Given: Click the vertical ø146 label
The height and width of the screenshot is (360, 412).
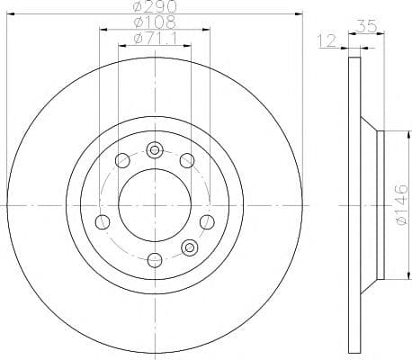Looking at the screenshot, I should (x=401, y=203).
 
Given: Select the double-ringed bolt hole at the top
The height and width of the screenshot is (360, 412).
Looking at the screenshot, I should (x=155, y=149).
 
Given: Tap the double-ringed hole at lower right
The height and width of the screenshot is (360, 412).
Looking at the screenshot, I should (x=189, y=247).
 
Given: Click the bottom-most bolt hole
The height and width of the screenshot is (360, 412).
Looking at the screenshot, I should (x=155, y=260).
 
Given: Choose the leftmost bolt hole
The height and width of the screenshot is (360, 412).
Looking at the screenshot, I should (x=102, y=222).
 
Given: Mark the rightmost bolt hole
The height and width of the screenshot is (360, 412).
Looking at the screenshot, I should (x=209, y=222).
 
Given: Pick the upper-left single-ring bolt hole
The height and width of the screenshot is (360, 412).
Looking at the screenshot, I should (x=121, y=161).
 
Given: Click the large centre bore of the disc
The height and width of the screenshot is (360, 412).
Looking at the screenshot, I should (x=155, y=204).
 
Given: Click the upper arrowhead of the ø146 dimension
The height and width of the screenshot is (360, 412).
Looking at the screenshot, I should (x=385, y=135).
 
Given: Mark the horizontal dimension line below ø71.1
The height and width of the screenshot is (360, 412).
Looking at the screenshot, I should (x=155, y=45).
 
